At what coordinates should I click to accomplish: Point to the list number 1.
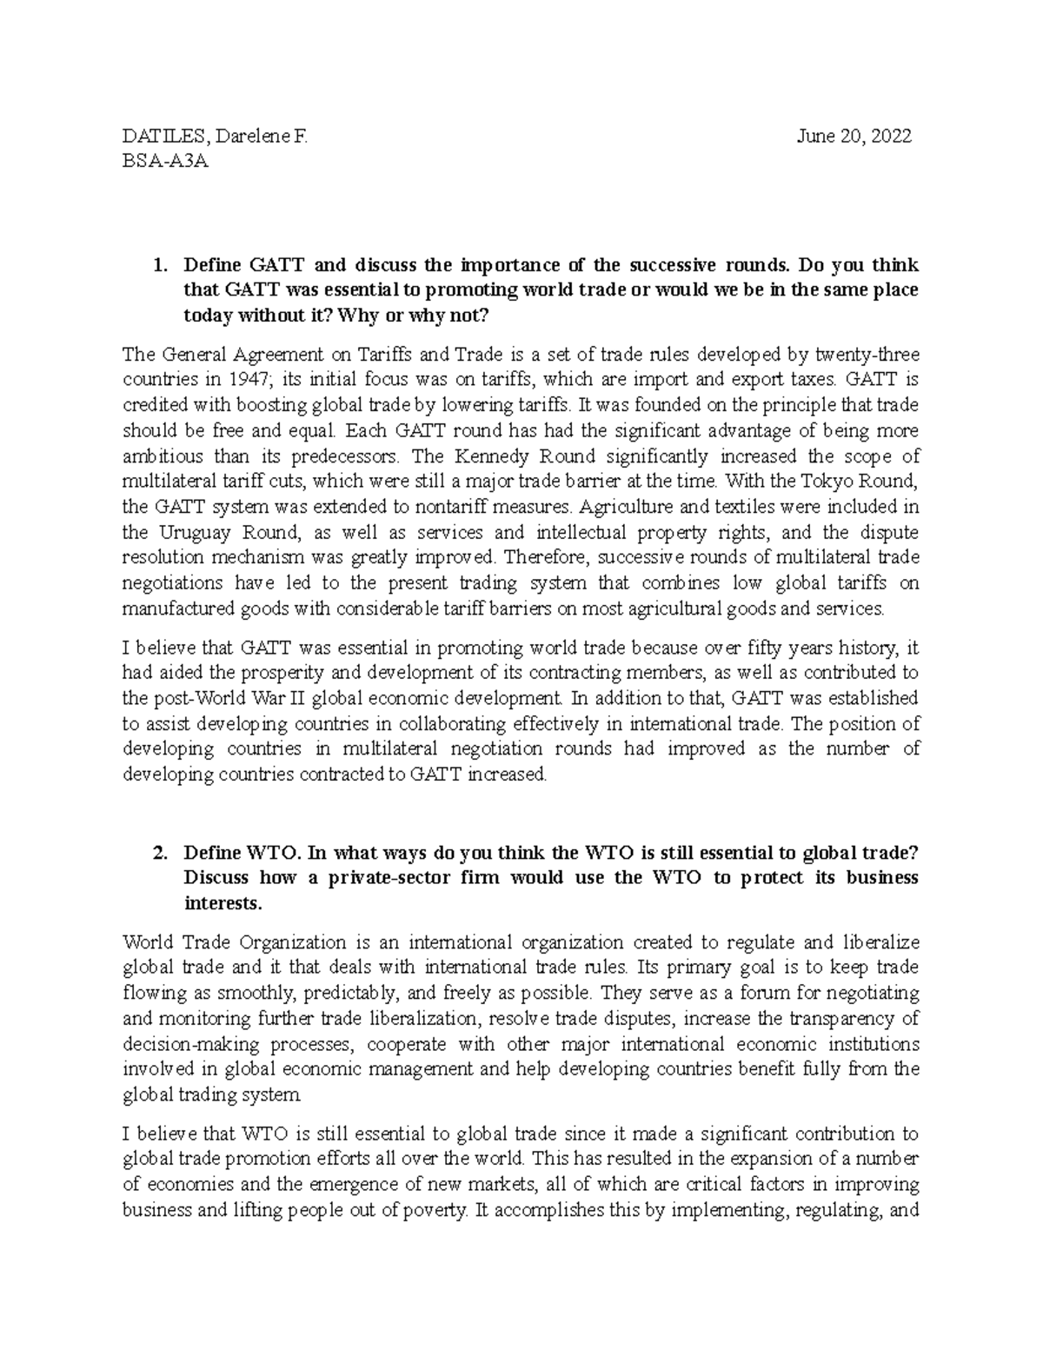158,265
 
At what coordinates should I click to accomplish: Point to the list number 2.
158,853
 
